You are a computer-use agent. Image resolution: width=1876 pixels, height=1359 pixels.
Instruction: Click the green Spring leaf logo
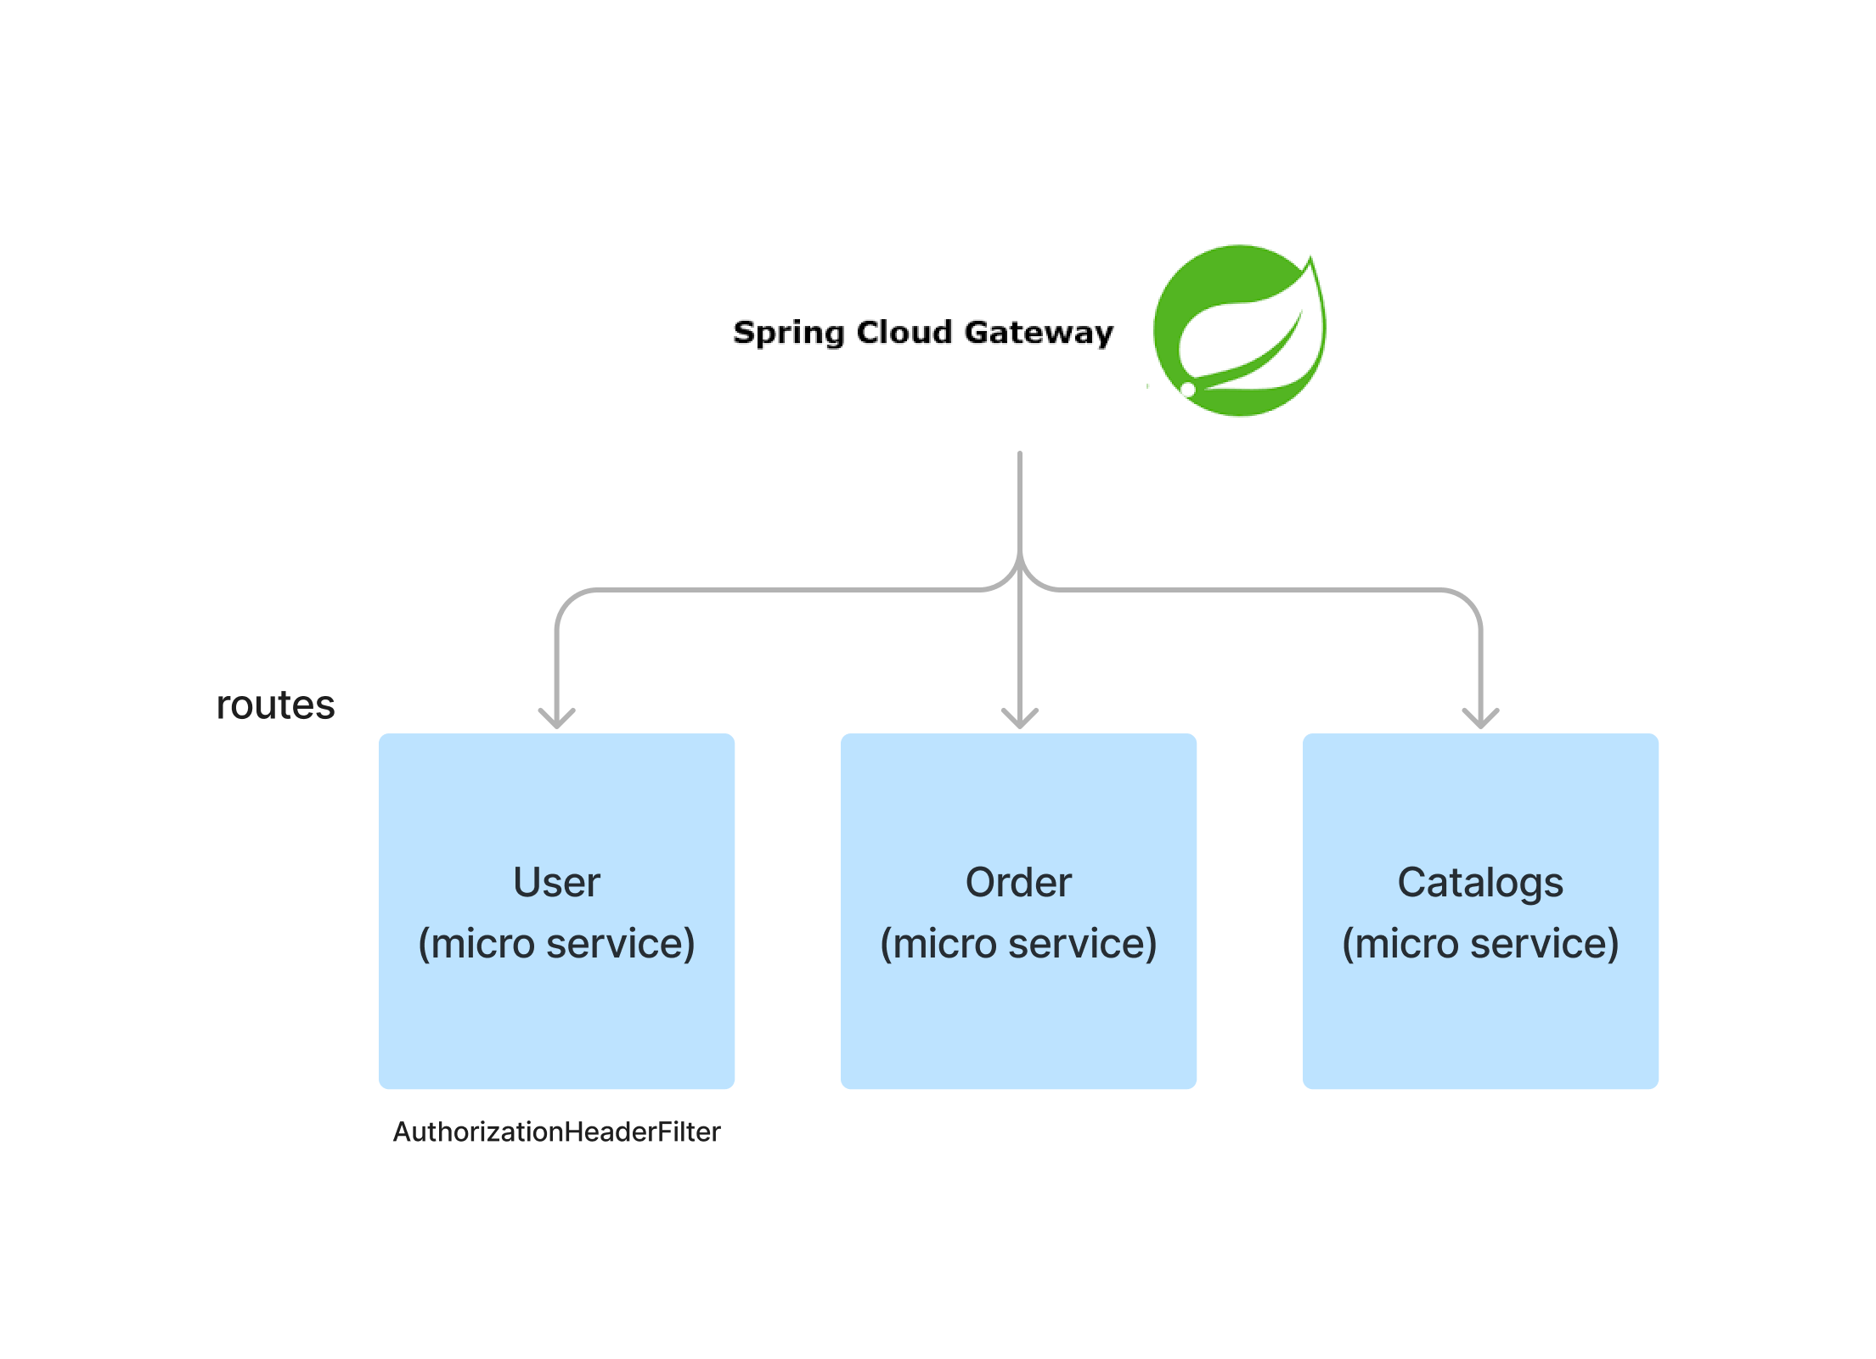point(1239,330)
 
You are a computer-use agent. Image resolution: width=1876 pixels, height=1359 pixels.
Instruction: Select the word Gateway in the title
point(1038,333)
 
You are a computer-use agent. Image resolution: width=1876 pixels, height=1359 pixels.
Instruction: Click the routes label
point(275,705)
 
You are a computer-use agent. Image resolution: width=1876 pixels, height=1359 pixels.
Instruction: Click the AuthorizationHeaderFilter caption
point(556,1132)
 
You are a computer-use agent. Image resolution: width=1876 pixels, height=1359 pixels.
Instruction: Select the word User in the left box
point(556,882)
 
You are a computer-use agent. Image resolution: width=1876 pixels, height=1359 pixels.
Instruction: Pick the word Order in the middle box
point(1018,882)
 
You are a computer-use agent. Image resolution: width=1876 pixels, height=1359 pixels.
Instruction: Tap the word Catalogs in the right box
point(1479,882)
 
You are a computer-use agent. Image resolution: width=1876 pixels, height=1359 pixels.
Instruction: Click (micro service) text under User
point(556,943)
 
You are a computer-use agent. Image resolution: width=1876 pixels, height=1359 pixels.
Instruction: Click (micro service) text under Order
point(1018,943)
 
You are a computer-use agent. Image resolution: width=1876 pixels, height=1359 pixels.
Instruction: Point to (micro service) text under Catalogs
point(1479,943)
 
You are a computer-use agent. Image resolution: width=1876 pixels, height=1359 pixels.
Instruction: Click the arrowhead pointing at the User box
point(557,720)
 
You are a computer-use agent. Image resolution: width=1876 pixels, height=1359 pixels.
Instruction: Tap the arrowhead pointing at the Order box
point(1019,720)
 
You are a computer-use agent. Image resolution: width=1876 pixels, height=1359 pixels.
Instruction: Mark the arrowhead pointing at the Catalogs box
point(1480,720)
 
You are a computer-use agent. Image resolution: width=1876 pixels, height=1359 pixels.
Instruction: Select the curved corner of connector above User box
point(567,600)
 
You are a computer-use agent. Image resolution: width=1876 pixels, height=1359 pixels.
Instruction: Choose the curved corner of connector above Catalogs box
point(1469,600)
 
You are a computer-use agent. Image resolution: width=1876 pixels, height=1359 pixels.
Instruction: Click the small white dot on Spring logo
point(1188,389)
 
